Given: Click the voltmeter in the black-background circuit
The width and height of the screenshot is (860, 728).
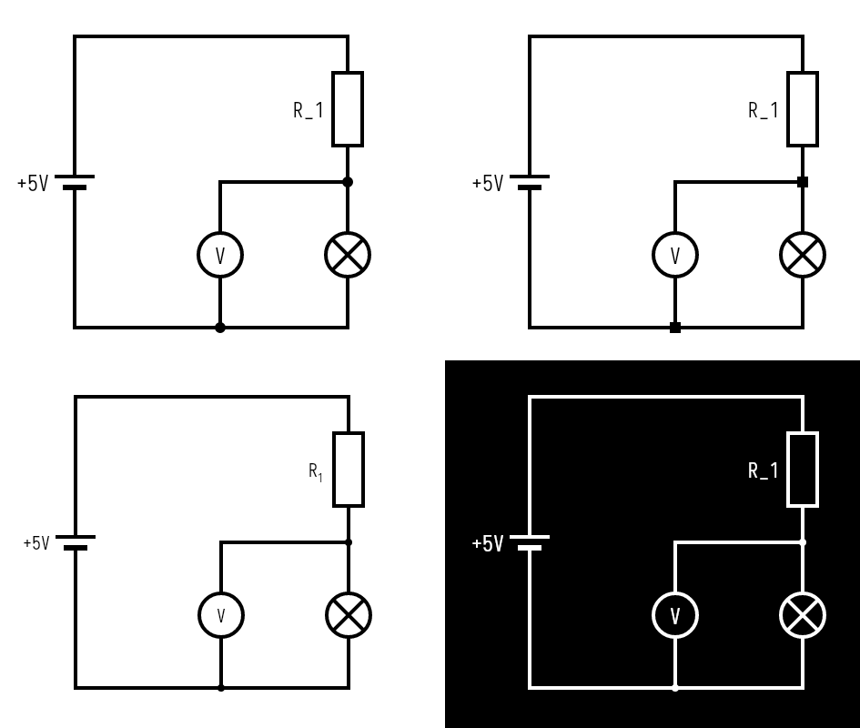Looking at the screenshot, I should point(674,615).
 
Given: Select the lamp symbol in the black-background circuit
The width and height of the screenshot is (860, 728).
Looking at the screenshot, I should point(803,615).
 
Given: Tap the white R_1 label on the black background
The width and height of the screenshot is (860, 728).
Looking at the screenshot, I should point(764,470).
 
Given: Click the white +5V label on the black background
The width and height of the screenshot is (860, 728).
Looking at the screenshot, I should point(487,544).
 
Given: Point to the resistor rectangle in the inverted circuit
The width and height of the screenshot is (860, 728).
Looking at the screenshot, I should point(803,470).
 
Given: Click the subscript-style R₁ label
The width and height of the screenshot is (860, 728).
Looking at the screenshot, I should point(316,471).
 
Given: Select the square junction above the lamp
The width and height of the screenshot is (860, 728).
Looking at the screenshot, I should point(803,182).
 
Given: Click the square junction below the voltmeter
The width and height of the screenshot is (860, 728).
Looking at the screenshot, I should point(674,328).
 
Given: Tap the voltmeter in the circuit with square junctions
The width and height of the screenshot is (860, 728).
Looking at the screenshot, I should point(674,255).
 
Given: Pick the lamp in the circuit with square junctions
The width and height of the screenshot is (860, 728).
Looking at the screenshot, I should point(803,255).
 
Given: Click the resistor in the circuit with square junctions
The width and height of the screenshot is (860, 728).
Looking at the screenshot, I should point(803,109).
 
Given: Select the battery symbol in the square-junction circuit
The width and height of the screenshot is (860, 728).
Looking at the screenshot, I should point(530,182).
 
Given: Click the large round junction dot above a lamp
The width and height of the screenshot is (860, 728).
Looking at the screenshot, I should point(348,182).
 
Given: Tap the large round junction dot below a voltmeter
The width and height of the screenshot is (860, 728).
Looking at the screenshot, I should point(220,328).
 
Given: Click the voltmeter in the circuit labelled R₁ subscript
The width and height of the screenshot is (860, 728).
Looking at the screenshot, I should point(221,615).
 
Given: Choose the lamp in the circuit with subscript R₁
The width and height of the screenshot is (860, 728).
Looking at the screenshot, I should point(349,615).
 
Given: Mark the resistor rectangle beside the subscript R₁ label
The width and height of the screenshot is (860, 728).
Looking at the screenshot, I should point(349,470).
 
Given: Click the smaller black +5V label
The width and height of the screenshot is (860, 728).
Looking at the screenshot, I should point(36,544).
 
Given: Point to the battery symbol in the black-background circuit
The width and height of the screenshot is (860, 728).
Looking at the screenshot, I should point(530,542).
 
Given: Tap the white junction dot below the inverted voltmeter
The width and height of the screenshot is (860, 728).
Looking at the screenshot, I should point(674,688).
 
